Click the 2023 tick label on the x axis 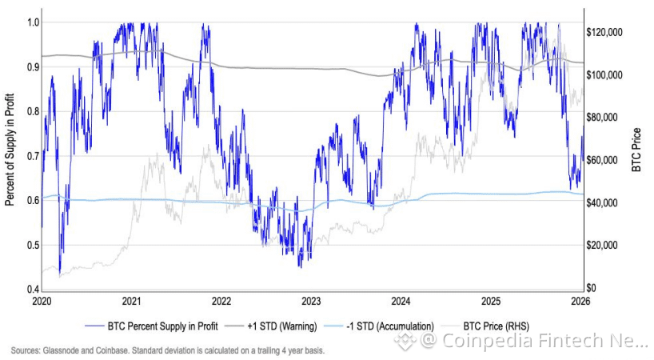tap(311, 301)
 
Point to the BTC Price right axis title tap(637, 150)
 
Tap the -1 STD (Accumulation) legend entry tap(387, 326)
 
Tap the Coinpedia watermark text tap(532, 342)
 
